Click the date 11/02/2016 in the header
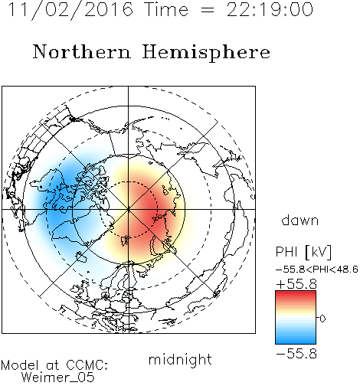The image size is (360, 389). (x=70, y=10)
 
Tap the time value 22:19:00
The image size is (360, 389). (x=270, y=9)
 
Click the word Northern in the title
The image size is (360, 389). (x=82, y=51)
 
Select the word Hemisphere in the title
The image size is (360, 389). (x=206, y=52)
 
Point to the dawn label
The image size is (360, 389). (x=300, y=221)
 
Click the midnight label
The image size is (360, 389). (x=180, y=359)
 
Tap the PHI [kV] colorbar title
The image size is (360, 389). (x=303, y=252)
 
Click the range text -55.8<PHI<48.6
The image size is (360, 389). (x=317, y=270)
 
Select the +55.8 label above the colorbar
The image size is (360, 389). (x=296, y=284)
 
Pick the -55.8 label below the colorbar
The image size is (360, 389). (x=296, y=354)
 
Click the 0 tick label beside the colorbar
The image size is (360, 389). (x=322, y=319)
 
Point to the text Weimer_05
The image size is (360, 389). (x=58, y=378)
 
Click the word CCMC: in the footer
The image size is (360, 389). (x=87, y=365)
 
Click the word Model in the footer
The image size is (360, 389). (x=20, y=365)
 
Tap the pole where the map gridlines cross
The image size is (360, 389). (x=129, y=209)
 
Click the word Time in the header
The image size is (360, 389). (x=166, y=10)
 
